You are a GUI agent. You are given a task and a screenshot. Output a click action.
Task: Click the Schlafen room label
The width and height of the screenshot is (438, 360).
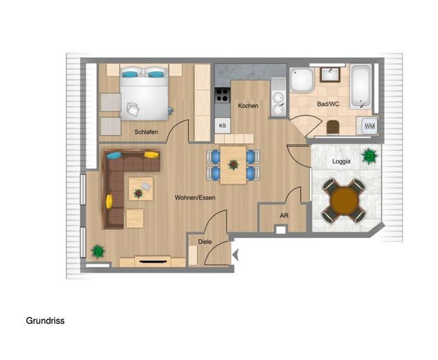(146, 132)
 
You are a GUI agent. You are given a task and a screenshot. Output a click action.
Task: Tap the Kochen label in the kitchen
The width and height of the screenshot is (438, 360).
(248, 106)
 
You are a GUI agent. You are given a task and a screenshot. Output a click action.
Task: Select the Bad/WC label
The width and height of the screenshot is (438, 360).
(328, 104)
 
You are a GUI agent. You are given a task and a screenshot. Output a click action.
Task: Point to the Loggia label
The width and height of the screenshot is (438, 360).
(341, 161)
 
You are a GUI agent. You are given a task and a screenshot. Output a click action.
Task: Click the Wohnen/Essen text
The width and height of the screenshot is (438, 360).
(195, 197)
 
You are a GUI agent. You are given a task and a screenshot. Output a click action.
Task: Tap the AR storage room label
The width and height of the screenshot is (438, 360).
(284, 215)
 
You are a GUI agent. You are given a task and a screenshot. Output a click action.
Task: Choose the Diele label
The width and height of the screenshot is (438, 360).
(205, 242)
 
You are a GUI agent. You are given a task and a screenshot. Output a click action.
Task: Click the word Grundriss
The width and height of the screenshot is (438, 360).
(45, 321)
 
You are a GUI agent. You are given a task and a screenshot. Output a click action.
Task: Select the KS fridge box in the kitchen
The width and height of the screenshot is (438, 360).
(223, 125)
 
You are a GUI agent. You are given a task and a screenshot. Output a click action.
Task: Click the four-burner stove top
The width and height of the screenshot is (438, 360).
(223, 95)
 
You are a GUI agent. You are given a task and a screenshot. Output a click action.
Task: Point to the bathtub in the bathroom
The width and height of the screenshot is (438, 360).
(361, 87)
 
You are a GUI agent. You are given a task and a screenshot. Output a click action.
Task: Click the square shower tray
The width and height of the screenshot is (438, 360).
(302, 80)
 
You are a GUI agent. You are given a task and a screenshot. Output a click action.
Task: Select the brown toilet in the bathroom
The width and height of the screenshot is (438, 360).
(332, 127)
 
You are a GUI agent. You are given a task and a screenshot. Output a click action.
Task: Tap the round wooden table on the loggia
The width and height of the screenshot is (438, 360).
(344, 201)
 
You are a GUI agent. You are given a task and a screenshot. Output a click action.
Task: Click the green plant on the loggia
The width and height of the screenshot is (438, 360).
(369, 156)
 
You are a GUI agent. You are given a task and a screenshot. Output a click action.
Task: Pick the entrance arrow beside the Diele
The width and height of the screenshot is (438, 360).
(235, 255)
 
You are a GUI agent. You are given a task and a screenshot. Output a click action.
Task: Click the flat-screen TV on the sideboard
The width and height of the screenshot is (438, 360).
(152, 262)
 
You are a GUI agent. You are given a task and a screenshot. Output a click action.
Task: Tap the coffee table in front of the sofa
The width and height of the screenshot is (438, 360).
(140, 189)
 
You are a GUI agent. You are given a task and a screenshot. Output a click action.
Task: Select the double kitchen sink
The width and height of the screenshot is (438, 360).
(278, 104)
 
